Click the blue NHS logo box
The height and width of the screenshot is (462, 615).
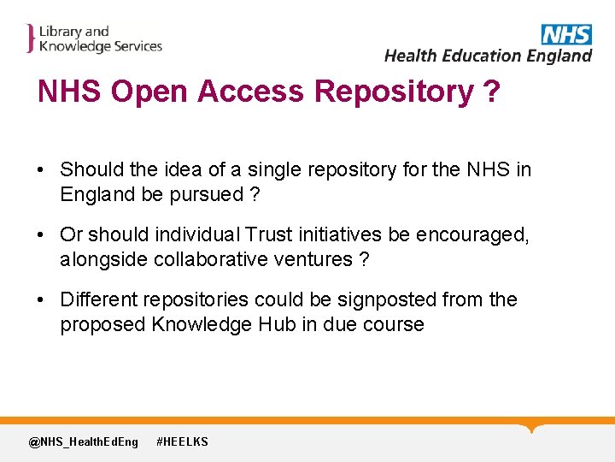click(x=565, y=34)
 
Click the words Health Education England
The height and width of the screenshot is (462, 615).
click(x=488, y=56)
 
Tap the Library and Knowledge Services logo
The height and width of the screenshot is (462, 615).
click(x=94, y=39)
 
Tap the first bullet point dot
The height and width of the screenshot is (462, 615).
click(x=41, y=170)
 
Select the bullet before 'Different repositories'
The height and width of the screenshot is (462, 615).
click(x=41, y=300)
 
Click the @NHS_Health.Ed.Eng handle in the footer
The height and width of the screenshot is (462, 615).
click(x=83, y=441)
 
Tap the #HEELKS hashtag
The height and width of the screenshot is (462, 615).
click(x=182, y=441)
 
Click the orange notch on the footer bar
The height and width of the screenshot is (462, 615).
click(x=532, y=427)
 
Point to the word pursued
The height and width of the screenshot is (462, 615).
click(x=205, y=194)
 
